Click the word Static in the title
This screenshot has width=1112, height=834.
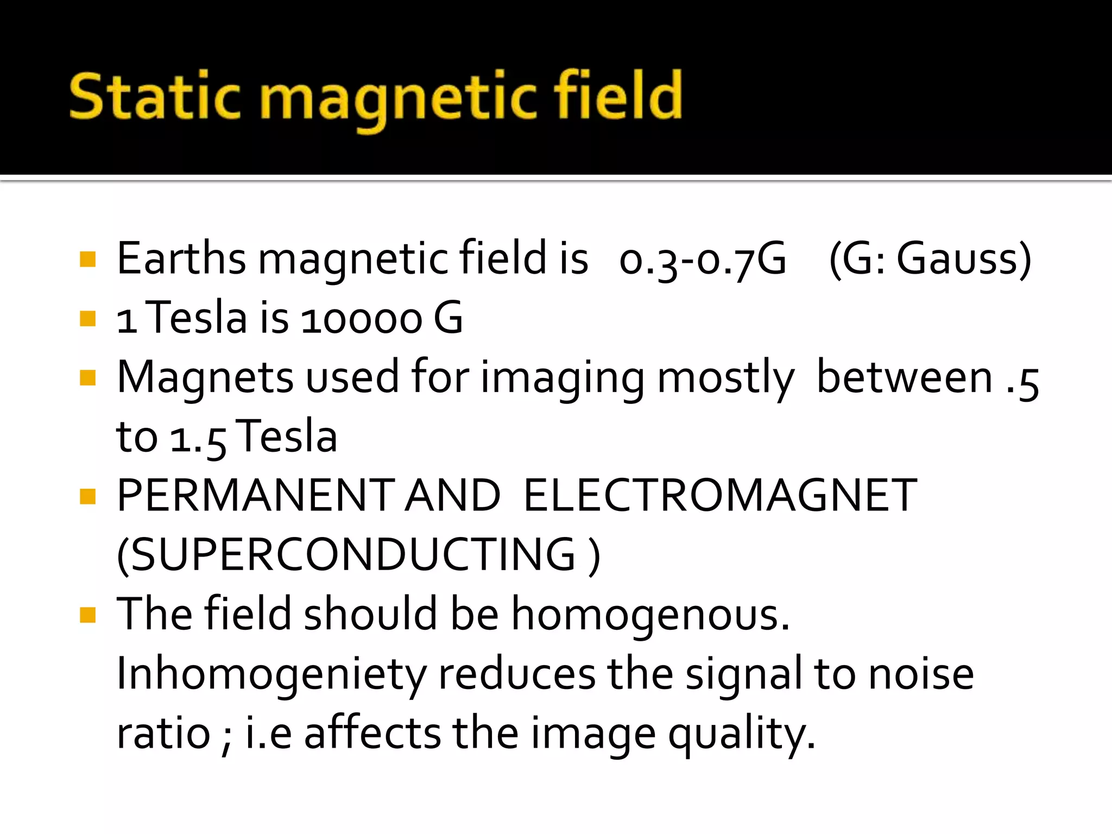[x=154, y=97]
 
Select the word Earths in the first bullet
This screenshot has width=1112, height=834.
[x=181, y=258]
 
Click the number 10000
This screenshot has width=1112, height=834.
[x=361, y=319]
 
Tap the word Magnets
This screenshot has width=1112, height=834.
[x=205, y=378]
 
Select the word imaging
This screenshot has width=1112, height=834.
[x=563, y=378]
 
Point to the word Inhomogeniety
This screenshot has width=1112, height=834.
[x=271, y=674]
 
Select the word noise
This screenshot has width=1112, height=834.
[x=921, y=674]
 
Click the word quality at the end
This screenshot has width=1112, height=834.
[x=741, y=734]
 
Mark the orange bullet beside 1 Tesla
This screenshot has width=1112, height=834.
[x=87, y=318]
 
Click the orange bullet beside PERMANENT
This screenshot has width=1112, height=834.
[x=87, y=496]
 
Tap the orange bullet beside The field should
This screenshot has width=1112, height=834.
[x=87, y=615]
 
